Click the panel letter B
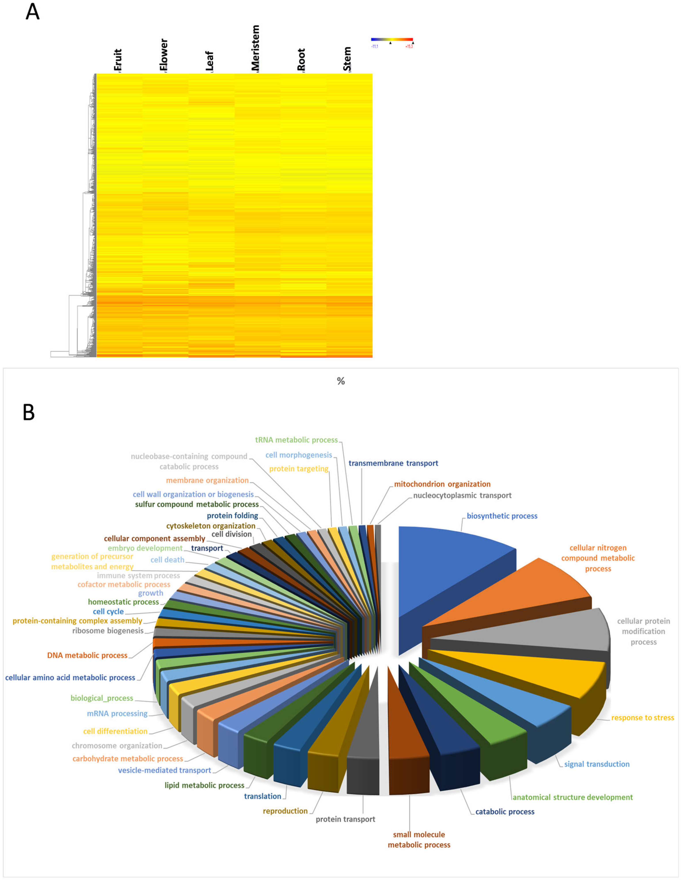[28, 413]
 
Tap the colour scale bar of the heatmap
[392, 39]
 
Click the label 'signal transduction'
[596, 764]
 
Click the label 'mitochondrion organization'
[442, 484]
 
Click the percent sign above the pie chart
[341, 381]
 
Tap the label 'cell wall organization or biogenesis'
[193, 494]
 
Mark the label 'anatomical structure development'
[572, 797]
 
